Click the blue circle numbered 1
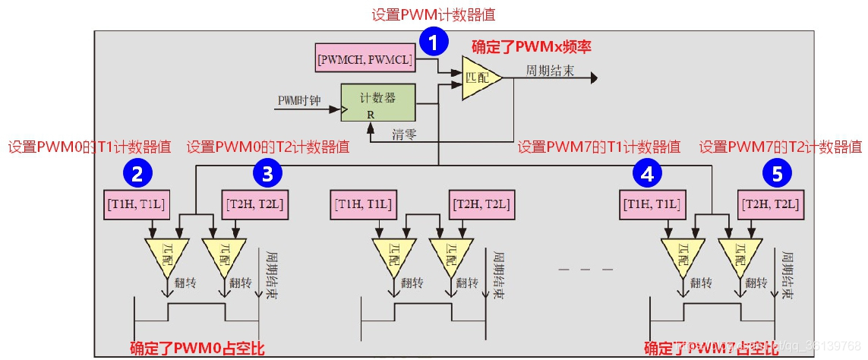coord(433,43)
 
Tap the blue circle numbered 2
coord(137,175)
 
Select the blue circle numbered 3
coord(267,175)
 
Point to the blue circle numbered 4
coord(647,175)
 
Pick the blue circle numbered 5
coord(776,175)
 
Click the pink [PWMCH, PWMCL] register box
coord(365,59)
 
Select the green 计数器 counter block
coord(377,103)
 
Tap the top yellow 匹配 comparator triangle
coord(480,78)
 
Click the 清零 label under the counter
coord(404,134)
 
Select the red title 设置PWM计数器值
coord(434,14)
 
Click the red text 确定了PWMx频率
coord(531,46)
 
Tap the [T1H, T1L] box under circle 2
coord(135,204)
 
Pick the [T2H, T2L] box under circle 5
coord(772,204)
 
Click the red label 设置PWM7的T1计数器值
coord(598,147)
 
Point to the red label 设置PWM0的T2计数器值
coord(268,147)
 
